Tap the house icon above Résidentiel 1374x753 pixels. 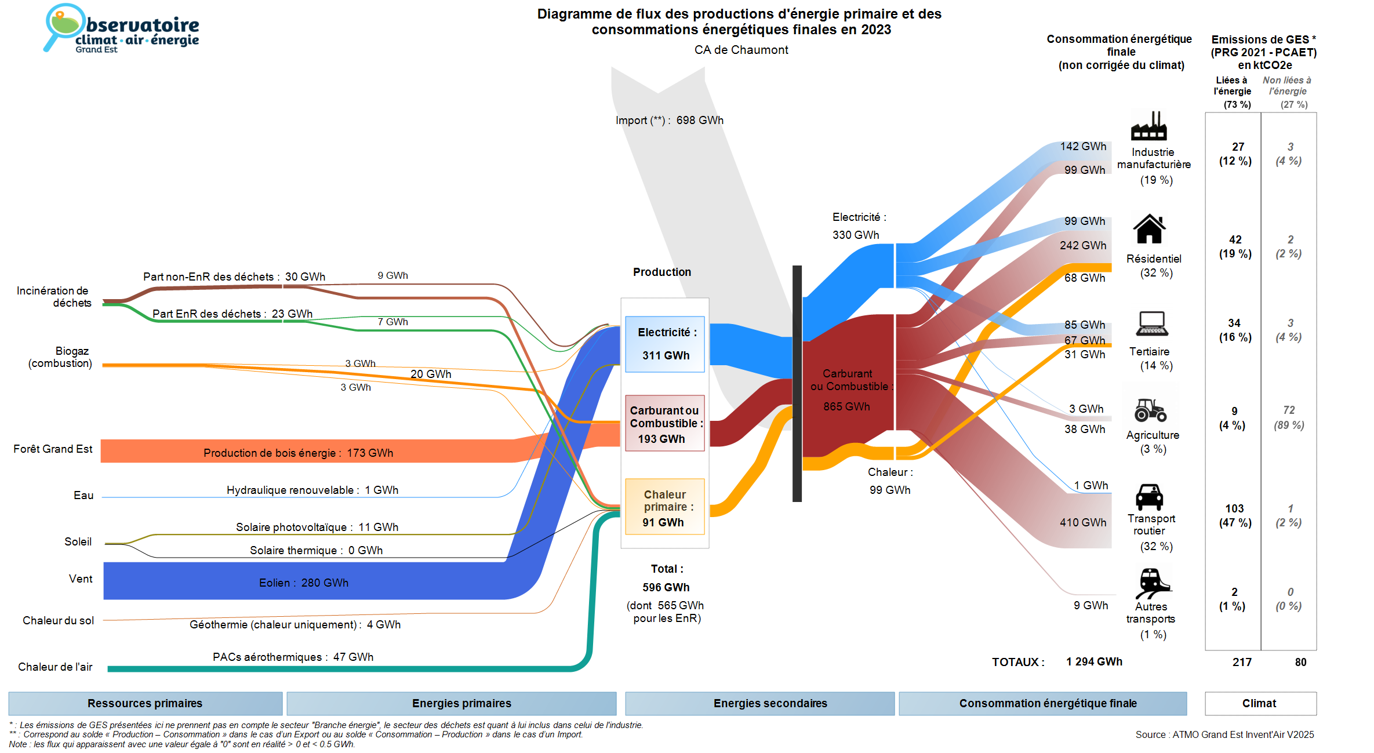pyautogui.click(x=1149, y=229)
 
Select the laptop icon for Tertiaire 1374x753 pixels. pyautogui.click(x=1152, y=323)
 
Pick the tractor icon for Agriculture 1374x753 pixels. pyautogui.click(x=1150, y=410)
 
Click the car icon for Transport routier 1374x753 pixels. pyautogui.click(x=1149, y=497)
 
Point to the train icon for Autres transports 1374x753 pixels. pyautogui.click(x=1153, y=583)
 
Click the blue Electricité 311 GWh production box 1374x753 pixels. pyautogui.click(x=665, y=344)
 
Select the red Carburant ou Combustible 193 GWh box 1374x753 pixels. pyautogui.click(x=665, y=423)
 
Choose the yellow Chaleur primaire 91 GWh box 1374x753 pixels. pyautogui.click(x=665, y=507)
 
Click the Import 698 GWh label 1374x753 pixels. pyautogui.click(x=670, y=121)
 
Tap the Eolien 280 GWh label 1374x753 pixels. pyautogui.click(x=304, y=583)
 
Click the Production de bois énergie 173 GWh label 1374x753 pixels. pyautogui.click(x=298, y=453)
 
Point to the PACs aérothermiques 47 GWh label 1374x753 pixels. pyautogui.click(x=293, y=657)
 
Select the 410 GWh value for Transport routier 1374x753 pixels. pyautogui.click(x=1083, y=522)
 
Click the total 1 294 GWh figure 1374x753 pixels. pyautogui.click(x=1094, y=661)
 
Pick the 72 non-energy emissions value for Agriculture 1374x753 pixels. pyautogui.click(x=1289, y=410)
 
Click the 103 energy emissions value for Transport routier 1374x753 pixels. pyautogui.click(x=1234, y=508)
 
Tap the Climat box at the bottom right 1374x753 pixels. pyautogui.click(x=1260, y=703)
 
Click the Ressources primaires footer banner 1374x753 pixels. pyautogui.click(x=145, y=703)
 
